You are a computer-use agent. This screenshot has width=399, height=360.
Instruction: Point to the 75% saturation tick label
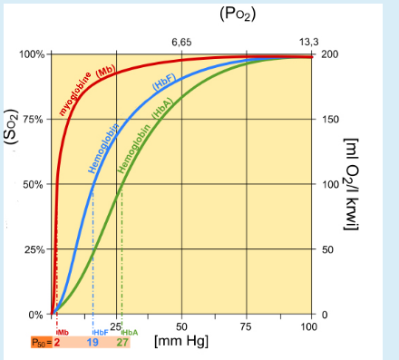34,119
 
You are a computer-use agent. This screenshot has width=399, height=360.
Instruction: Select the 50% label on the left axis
34,184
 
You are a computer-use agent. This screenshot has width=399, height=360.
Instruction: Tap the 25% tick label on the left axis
34,249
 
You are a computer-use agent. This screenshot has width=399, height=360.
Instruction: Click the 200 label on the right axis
329,54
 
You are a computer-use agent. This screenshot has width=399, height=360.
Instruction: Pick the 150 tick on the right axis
329,119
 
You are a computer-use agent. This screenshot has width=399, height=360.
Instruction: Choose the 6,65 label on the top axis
181,42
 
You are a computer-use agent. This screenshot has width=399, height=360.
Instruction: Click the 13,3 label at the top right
309,42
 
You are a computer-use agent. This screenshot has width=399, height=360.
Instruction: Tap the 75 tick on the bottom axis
245,326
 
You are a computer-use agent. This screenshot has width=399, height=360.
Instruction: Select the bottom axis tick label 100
309,326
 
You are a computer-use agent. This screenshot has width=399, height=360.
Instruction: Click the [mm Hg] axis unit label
180,342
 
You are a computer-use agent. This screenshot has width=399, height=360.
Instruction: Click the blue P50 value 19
92,343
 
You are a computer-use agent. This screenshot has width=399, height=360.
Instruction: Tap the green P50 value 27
122,343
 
